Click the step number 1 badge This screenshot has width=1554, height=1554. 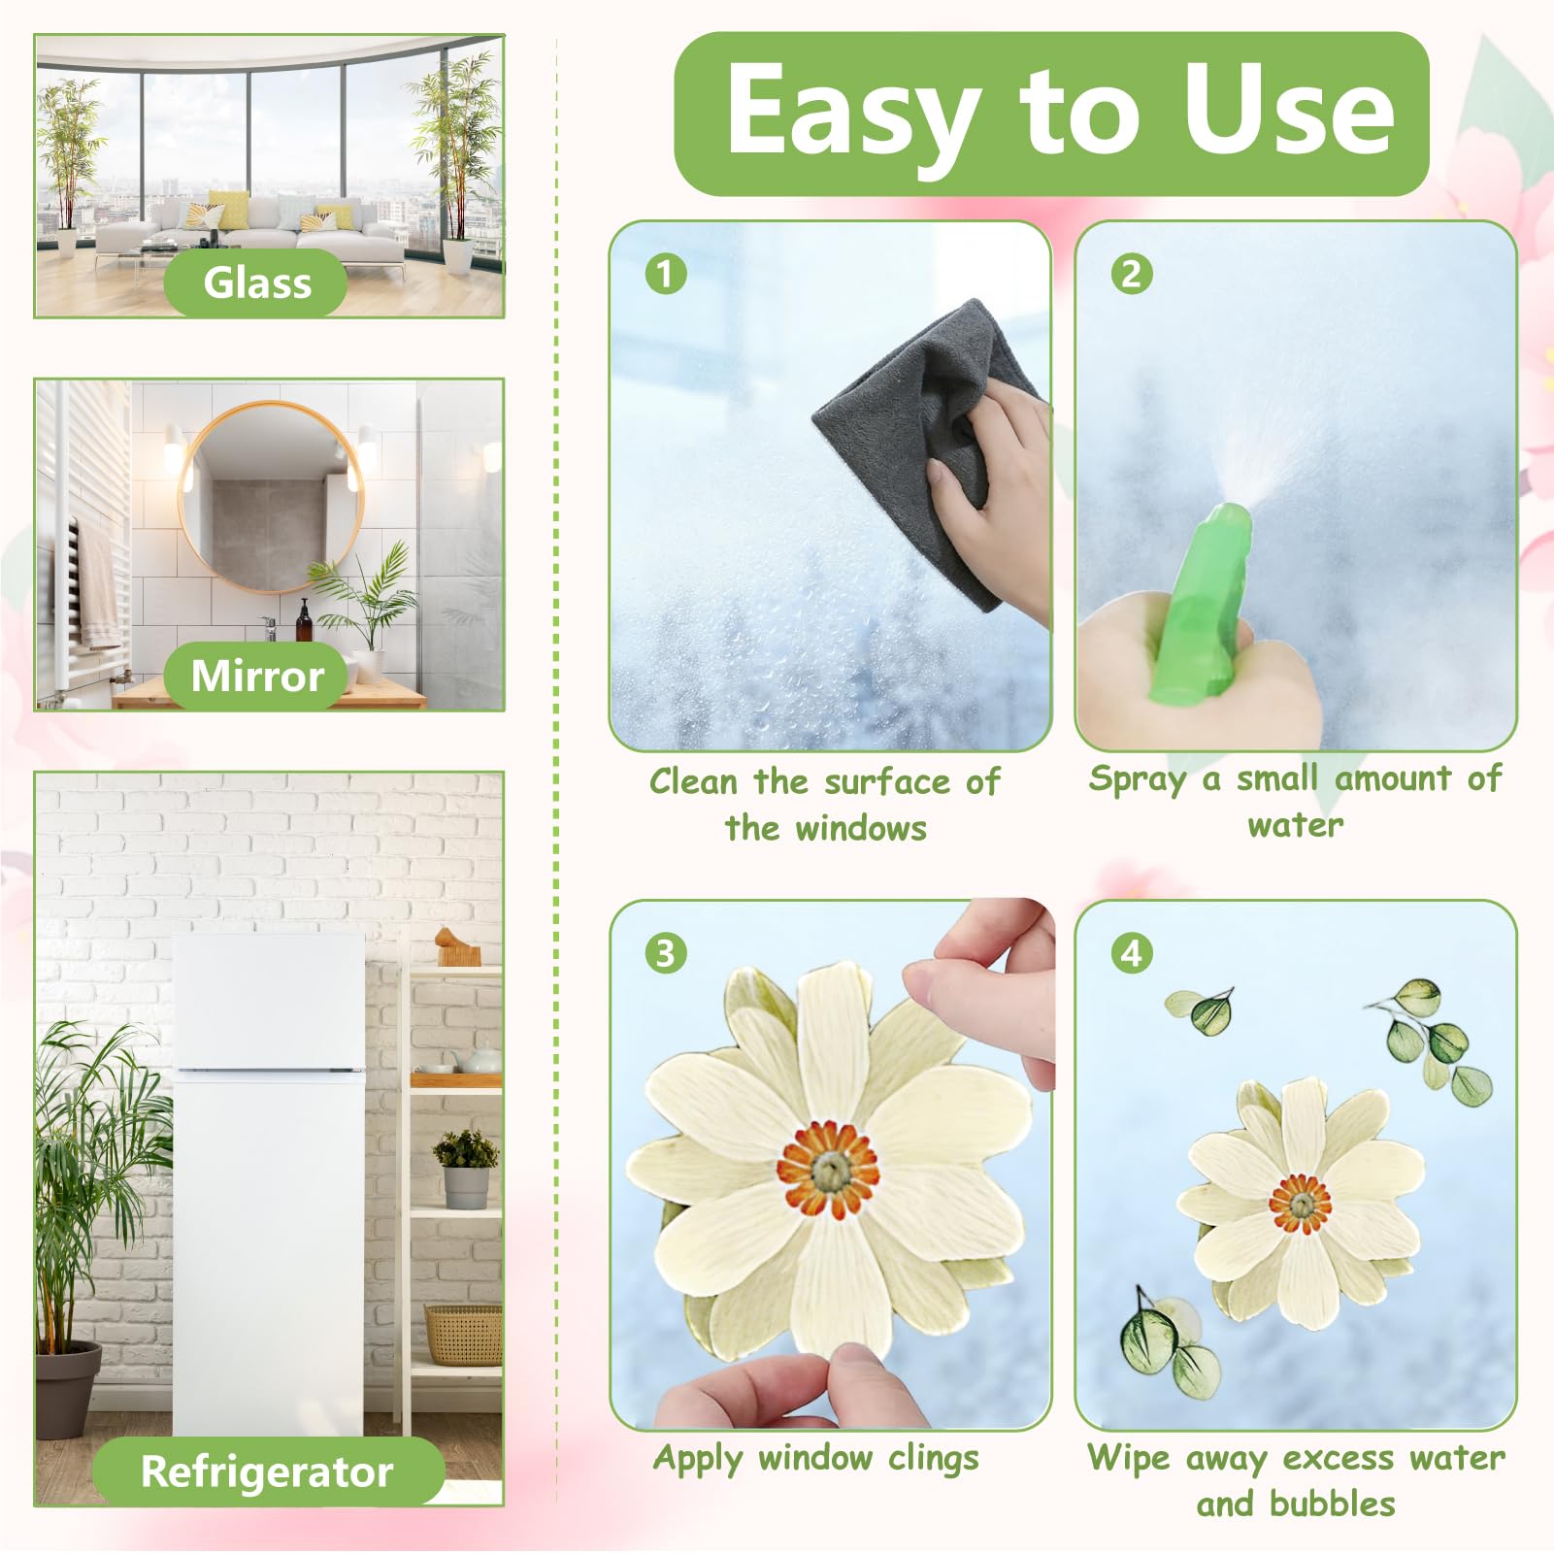[x=665, y=274]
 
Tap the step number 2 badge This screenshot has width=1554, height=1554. [x=1132, y=274]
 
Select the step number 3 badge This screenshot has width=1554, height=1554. [x=665, y=953]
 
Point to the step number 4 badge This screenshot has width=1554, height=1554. [x=1132, y=953]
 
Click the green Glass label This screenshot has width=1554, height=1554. [x=256, y=283]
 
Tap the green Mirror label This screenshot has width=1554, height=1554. [x=256, y=676]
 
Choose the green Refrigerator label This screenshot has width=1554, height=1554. [x=267, y=1471]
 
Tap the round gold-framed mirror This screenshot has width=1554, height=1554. [x=272, y=497]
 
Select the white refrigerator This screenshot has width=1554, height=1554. [x=269, y=1184]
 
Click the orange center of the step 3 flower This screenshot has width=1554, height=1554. [x=827, y=1170]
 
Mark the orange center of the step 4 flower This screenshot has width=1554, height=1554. [x=1301, y=1204]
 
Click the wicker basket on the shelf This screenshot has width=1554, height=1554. [x=463, y=1335]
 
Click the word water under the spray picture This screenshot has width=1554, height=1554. [x=1296, y=826]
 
